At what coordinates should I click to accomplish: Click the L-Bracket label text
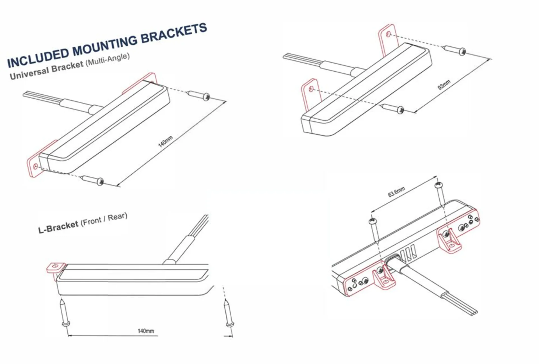(x=58, y=227)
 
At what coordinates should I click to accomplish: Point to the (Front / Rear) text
(x=104, y=219)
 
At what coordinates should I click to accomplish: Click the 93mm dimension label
(x=444, y=85)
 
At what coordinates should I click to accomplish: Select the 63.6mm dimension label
(x=396, y=192)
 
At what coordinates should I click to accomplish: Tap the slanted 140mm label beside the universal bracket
(x=165, y=142)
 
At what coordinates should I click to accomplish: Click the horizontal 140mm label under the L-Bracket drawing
(x=146, y=331)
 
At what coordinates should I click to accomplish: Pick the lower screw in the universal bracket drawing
(x=93, y=180)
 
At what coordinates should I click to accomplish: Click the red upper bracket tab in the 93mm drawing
(x=389, y=38)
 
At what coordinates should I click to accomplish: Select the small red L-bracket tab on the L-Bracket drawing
(x=55, y=268)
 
